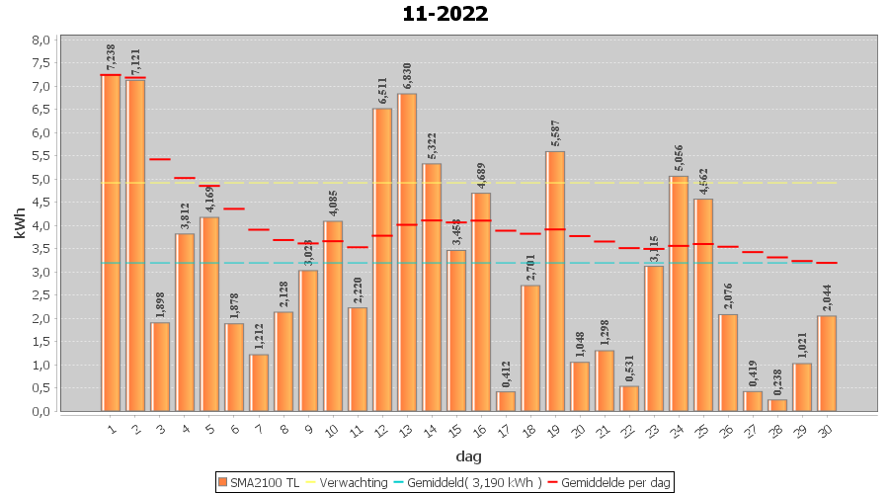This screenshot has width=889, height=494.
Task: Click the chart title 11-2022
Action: click(444, 14)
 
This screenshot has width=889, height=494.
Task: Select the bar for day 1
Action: click(111, 243)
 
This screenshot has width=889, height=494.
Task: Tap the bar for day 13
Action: click(407, 252)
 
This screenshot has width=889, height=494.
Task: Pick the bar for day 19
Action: click(555, 282)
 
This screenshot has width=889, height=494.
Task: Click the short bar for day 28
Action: click(777, 405)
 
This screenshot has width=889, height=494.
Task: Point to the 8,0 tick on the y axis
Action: click(41, 41)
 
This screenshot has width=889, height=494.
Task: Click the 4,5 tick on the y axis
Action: click(41, 203)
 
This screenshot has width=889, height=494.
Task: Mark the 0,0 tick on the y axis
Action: click(41, 411)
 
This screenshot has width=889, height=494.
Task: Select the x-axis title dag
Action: click(468, 455)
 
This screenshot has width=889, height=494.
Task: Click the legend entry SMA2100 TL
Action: click(258, 482)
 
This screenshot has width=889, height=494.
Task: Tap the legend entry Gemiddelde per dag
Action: click(609, 482)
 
